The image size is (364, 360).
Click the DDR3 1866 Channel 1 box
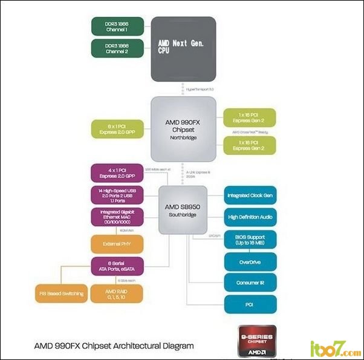117,27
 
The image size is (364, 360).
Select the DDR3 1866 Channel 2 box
117,48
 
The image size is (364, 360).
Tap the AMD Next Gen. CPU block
183,49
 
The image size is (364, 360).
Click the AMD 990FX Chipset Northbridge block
183,128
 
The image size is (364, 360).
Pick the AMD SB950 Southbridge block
183,210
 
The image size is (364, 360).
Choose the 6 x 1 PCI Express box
117,128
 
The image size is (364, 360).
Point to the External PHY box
117,244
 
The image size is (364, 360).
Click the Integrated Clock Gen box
250,195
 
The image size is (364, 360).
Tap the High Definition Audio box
250,217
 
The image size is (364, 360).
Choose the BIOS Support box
250,240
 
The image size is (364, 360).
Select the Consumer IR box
250,283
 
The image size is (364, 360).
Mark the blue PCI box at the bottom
250,304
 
